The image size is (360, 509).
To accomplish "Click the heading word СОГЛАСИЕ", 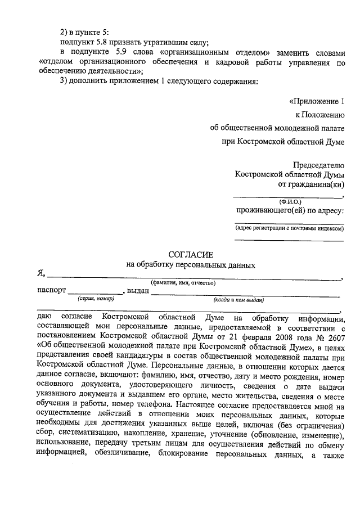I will pos(191,255).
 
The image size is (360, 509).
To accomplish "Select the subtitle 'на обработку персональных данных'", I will pos(191,265).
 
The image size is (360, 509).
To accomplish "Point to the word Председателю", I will pos(318,165).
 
